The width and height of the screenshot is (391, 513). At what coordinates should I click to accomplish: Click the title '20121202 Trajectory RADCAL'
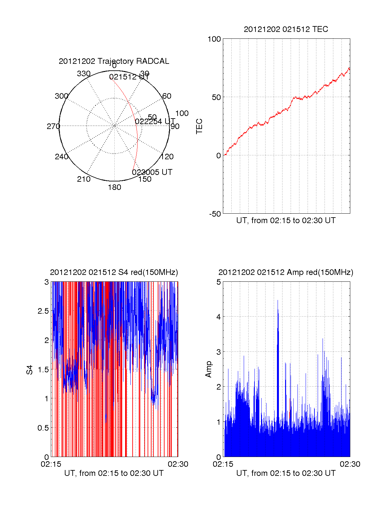tap(114, 61)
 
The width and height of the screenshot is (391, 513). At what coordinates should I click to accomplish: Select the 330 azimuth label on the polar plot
tap(84, 74)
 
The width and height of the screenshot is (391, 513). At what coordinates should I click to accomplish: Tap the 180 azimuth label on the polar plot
tap(114, 187)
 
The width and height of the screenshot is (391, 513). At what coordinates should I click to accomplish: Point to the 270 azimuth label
tap(53, 126)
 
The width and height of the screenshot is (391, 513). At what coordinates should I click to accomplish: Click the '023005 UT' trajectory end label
tap(152, 172)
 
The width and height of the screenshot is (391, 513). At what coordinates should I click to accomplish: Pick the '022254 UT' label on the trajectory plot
tap(155, 121)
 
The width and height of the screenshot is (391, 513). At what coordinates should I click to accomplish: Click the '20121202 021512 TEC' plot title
tap(286, 29)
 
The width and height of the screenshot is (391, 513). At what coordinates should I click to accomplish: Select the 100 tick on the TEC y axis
tap(214, 39)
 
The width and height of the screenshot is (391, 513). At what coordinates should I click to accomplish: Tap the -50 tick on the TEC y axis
tap(215, 214)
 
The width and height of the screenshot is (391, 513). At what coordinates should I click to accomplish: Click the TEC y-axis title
tap(199, 126)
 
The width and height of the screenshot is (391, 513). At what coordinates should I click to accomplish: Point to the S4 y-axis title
tap(30, 370)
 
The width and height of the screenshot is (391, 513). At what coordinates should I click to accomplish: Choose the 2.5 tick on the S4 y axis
tap(43, 311)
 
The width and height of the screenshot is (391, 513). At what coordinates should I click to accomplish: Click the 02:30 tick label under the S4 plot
tap(178, 464)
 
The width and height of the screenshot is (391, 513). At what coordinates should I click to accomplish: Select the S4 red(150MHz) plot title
tap(114, 272)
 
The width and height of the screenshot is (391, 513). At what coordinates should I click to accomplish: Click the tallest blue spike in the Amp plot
tap(278, 301)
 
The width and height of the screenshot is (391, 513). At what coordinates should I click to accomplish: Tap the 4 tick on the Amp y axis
tap(219, 317)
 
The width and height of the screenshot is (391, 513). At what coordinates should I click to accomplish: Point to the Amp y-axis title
tap(208, 369)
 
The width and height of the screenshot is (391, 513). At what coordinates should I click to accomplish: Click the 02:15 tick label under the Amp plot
tap(223, 464)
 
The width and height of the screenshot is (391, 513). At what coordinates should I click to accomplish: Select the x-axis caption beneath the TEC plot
tap(286, 221)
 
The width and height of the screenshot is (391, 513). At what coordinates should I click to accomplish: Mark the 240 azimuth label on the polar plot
tap(62, 157)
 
